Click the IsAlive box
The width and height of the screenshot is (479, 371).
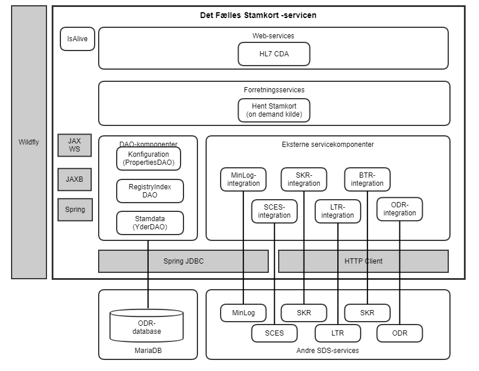pyautogui.click(x=77, y=39)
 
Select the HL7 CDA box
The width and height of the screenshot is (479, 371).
pyautogui.click(x=273, y=54)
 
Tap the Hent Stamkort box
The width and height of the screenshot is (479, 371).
pyautogui.click(x=273, y=110)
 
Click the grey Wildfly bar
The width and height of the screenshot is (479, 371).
pyautogui.click(x=28, y=142)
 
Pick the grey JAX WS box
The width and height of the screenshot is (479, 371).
pyautogui.click(x=75, y=145)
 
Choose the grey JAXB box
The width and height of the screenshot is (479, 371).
pyautogui.click(x=75, y=179)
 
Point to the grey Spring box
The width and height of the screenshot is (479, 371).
pyautogui.click(x=75, y=210)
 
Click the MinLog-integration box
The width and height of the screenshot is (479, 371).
pyautogui.click(x=243, y=179)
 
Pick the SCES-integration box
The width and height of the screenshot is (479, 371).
pyautogui.click(x=274, y=211)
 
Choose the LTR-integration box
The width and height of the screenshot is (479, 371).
pyautogui.click(x=337, y=211)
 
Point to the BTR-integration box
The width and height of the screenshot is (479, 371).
pyautogui.click(x=367, y=179)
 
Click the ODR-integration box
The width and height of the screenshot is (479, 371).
pyautogui.click(x=399, y=209)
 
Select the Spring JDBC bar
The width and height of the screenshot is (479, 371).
pyautogui.click(x=183, y=261)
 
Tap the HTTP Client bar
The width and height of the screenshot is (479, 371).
pyautogui.click(x=363, y=261)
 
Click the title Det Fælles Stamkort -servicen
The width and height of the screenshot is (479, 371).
pyautogui.click(x=258, y=15)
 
